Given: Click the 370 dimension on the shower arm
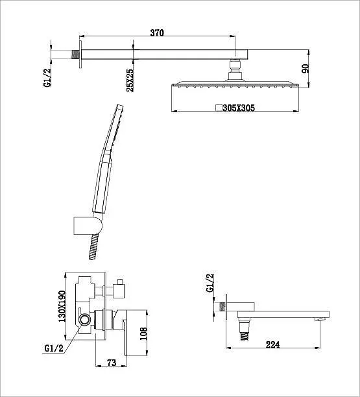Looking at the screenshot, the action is click(x=157, y=32).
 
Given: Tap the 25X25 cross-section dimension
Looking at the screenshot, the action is click(x=130, y=80).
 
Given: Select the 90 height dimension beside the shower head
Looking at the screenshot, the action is click(x=306, y=68).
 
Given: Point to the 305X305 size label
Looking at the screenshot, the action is click(x=239, y=108).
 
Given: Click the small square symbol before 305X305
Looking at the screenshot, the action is click(x=219, y=108).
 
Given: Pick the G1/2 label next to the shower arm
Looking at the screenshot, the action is click(x=47, y=78).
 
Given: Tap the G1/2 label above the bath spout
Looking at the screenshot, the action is click(x=210, y=283).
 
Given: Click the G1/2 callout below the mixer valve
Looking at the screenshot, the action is click(x=54, y=348).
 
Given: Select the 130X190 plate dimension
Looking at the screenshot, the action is click(x=62, y=306).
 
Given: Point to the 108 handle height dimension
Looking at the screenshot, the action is click(x=143, y=333).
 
